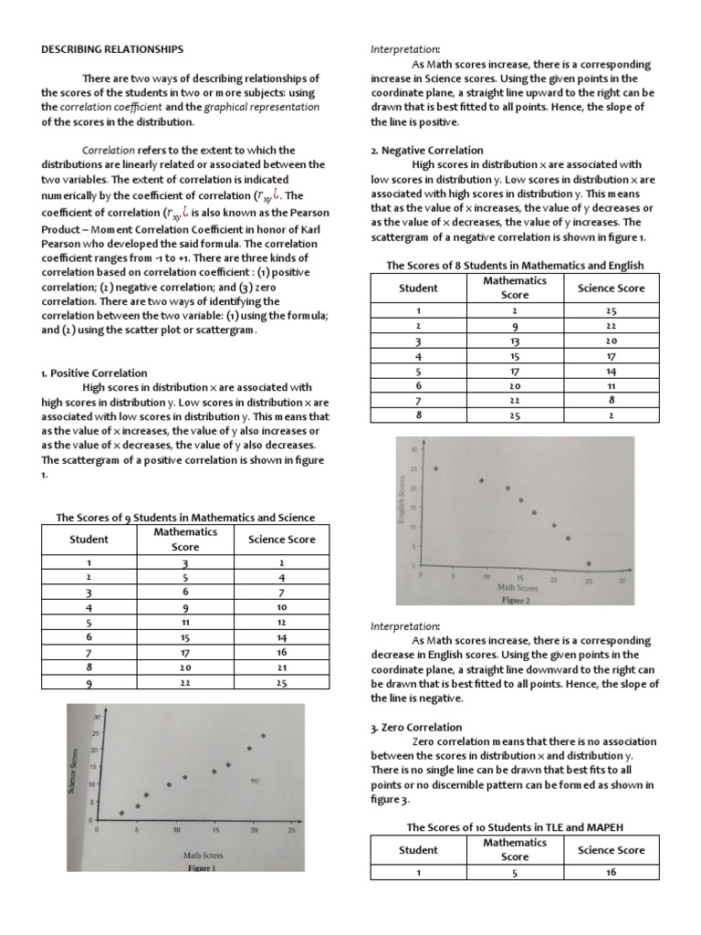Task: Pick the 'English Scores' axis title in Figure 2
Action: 401,503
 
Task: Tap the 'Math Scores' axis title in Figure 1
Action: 204,856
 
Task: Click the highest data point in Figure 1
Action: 263,735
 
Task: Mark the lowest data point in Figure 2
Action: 589,563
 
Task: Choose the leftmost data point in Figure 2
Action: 435,468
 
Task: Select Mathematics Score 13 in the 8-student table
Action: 515,341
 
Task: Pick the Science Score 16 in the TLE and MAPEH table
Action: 611,872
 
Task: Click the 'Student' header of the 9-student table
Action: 89,539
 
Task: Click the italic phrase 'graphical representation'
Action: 262,107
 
